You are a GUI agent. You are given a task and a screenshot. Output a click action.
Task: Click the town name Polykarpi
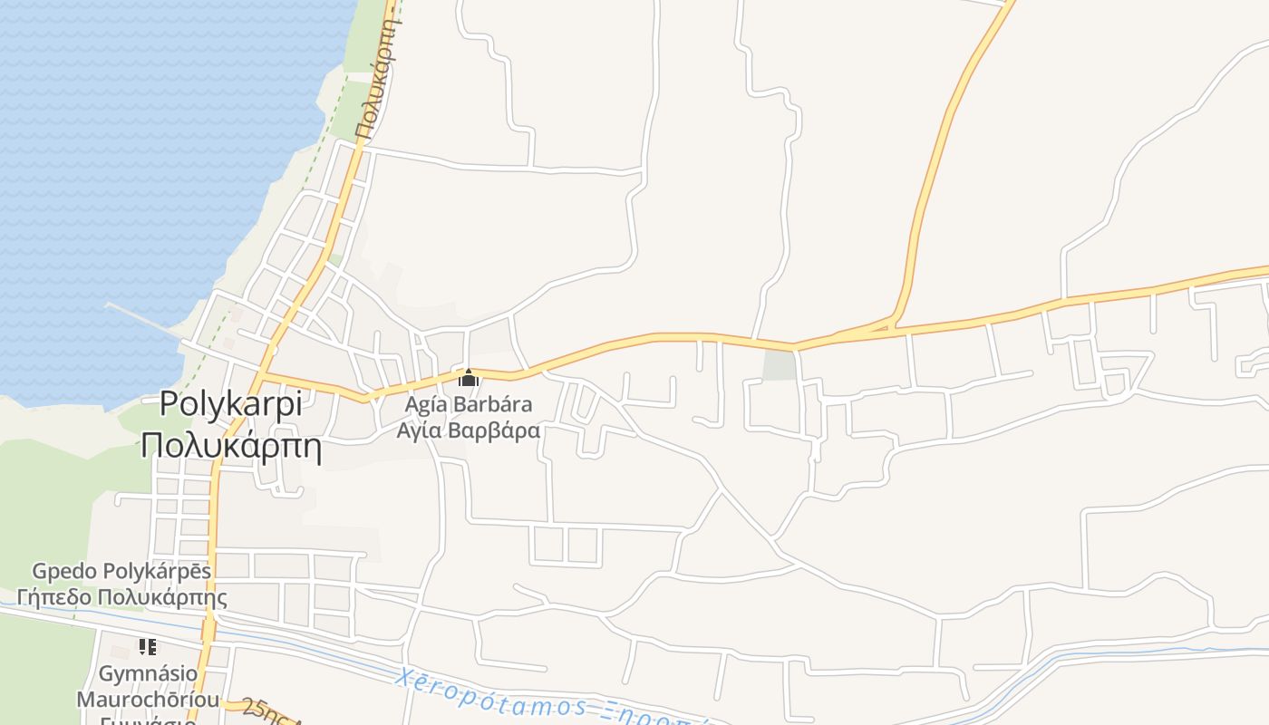[x=231, y=403]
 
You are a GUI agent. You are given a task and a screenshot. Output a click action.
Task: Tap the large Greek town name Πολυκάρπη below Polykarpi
[x=231, y=446]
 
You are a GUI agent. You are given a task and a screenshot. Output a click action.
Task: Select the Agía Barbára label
[x=468, y=404]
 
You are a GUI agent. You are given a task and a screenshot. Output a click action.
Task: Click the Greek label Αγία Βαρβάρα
[x=468, y=430]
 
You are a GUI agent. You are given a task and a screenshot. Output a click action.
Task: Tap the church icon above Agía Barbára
[x=468, y=378]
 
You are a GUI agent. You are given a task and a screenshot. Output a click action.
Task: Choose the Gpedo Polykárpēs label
[x=121, y=571]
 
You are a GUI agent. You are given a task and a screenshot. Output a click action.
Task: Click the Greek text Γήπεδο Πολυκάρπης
[x=121, y=597]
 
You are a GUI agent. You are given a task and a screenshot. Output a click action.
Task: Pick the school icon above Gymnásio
[x=148, y=647]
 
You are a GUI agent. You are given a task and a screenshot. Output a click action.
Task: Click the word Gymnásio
[x=148, y=673]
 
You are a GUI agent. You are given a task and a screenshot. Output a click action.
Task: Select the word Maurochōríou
[x=148, y=700]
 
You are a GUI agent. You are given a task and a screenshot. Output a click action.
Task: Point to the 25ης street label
[x=263, y=710]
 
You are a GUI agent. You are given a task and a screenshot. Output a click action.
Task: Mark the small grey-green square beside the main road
[x=779, y=365]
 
